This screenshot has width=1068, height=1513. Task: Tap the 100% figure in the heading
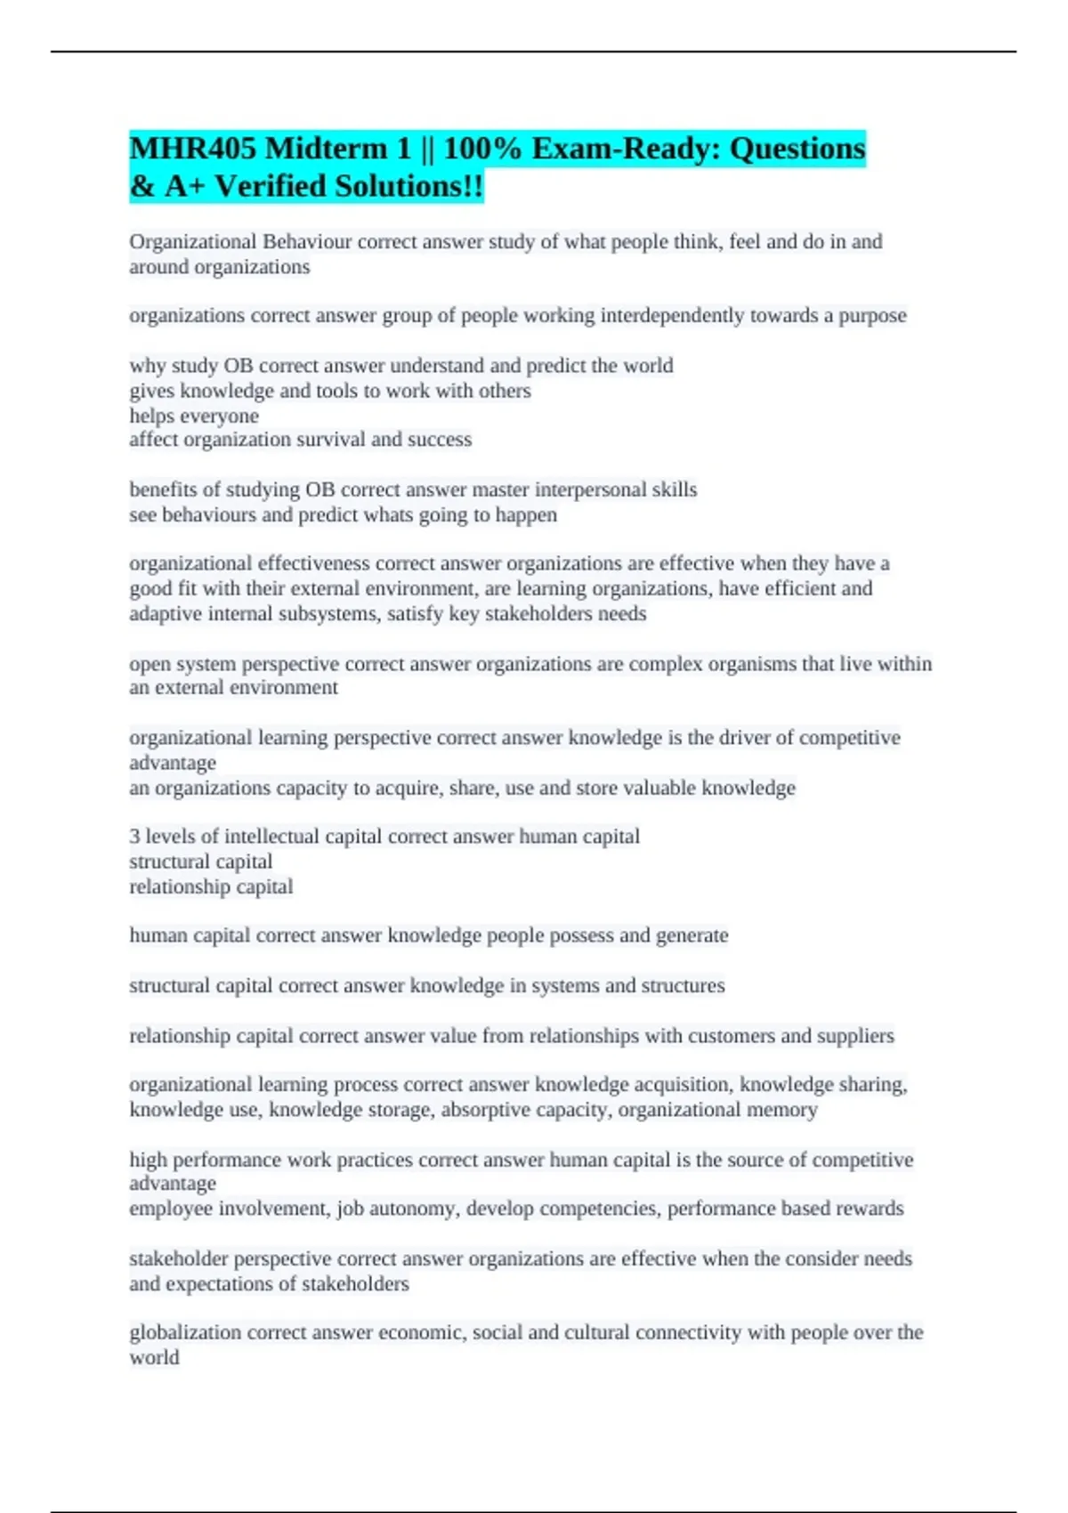(x=482, y=148)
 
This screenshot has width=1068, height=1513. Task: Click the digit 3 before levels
(x=134, y=837)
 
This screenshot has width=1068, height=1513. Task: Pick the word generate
(x=692, y=935)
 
